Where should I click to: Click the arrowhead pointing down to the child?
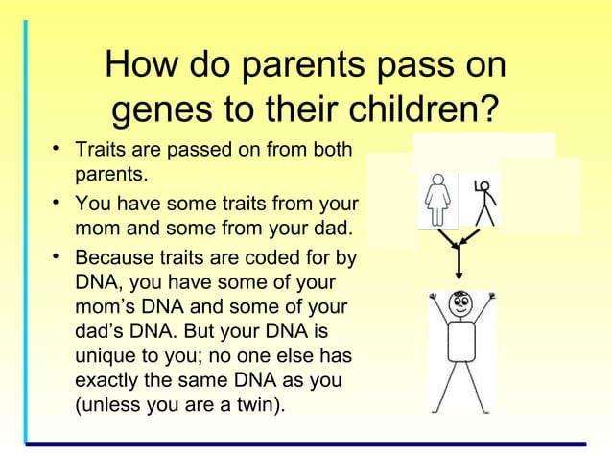pos(459,275)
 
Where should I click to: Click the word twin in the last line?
pos(253,406)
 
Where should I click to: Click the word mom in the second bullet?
pos(94,229)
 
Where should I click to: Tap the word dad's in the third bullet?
pos(100,331)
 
